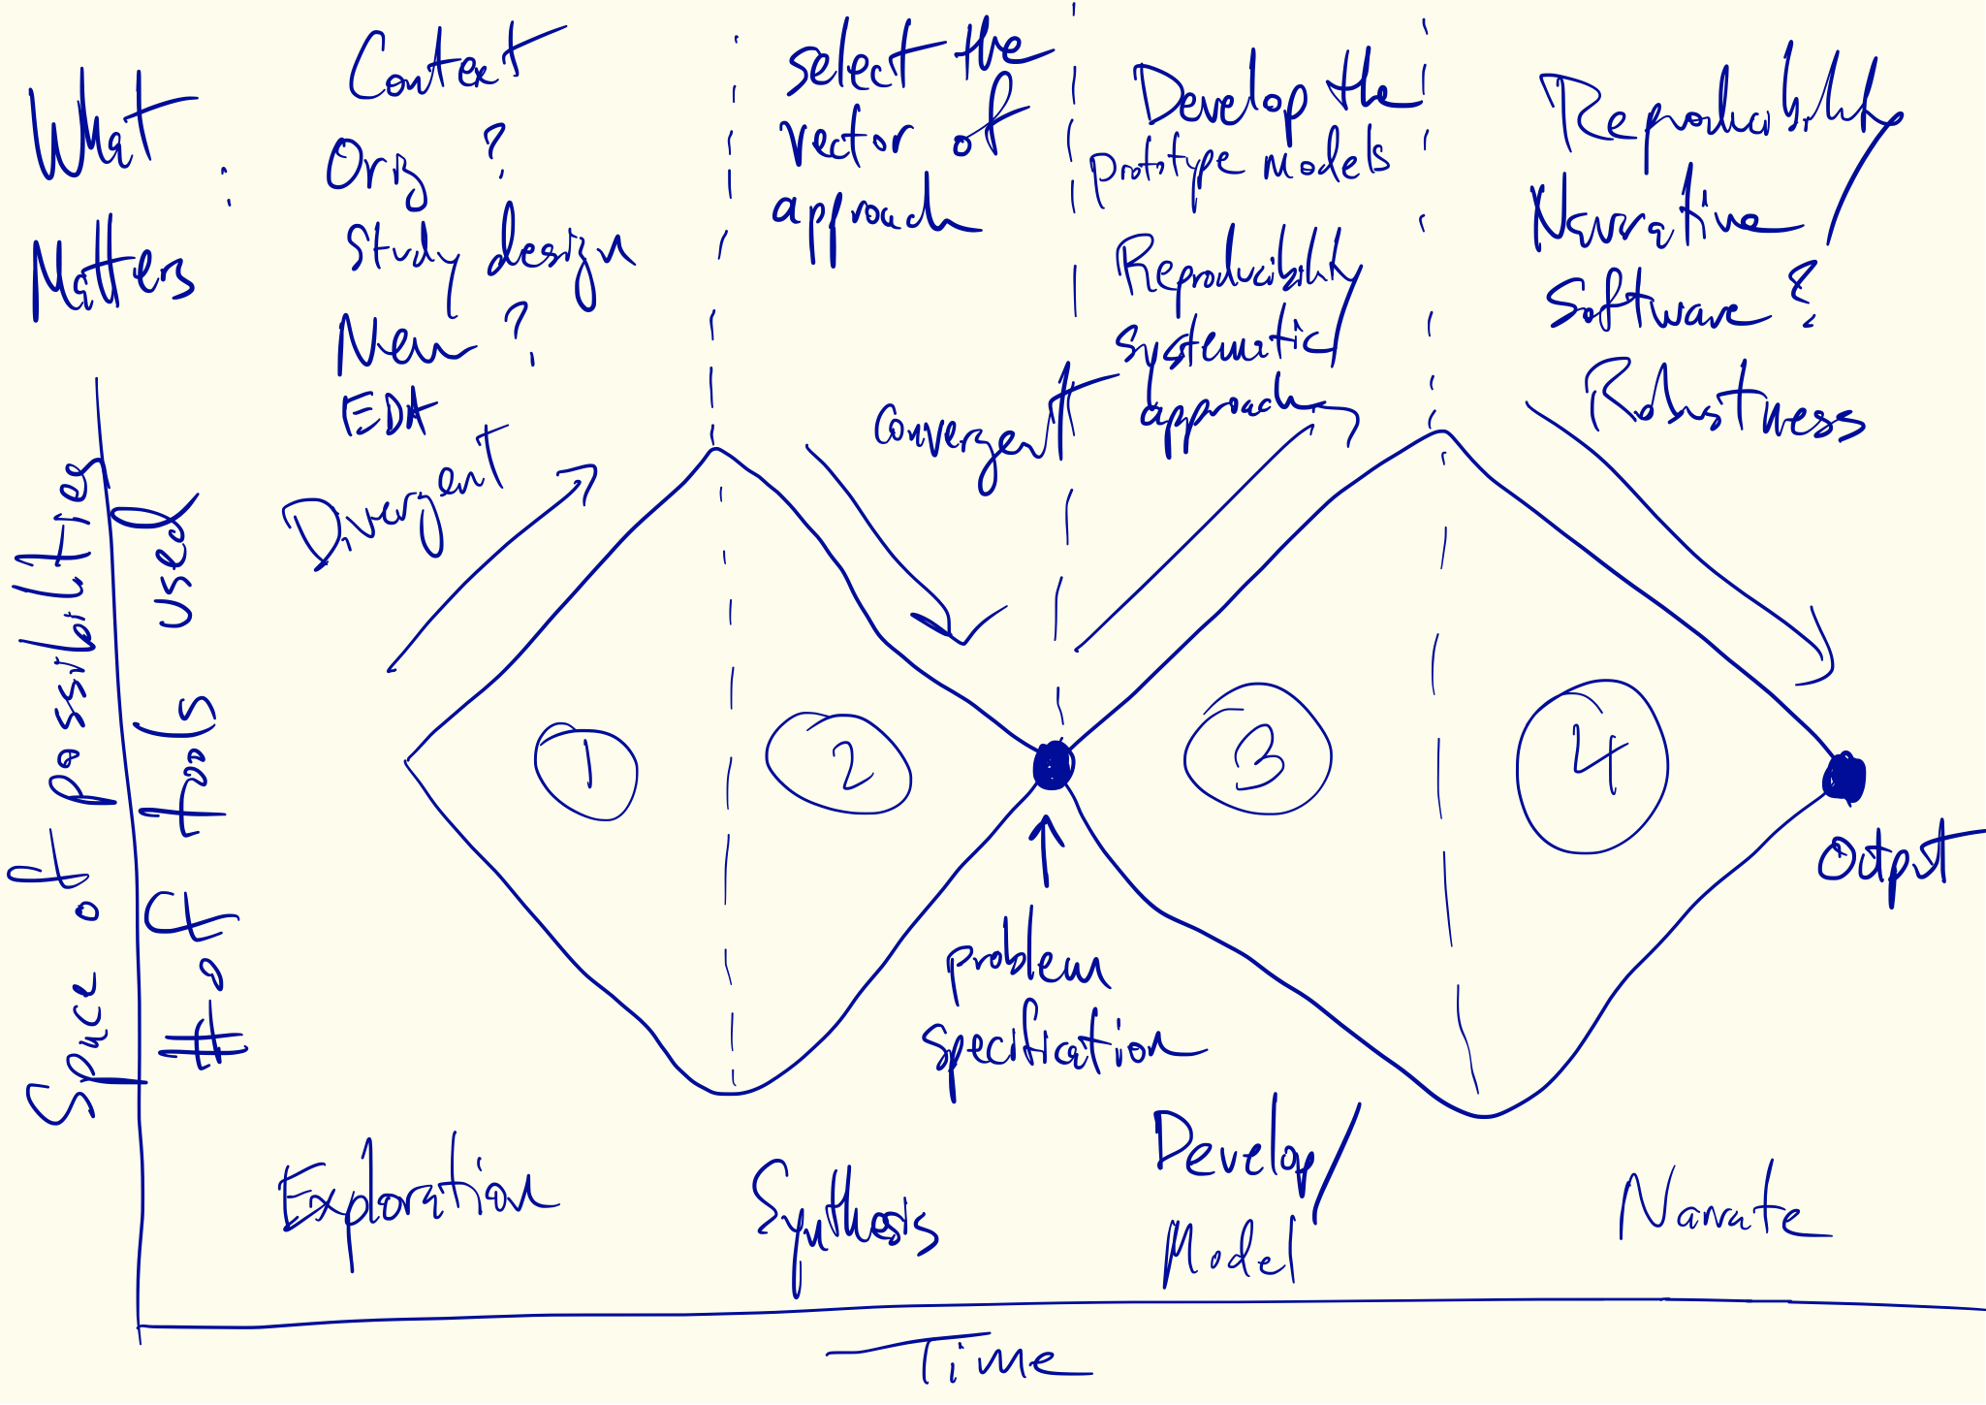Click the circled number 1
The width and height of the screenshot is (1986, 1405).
coord(586,772)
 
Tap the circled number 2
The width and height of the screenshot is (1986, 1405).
coord(839,764)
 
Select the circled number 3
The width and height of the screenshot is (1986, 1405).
coord(1258,752)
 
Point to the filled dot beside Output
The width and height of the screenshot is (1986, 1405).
coord(1844,777)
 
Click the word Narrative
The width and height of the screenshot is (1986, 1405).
coord(1662,218)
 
